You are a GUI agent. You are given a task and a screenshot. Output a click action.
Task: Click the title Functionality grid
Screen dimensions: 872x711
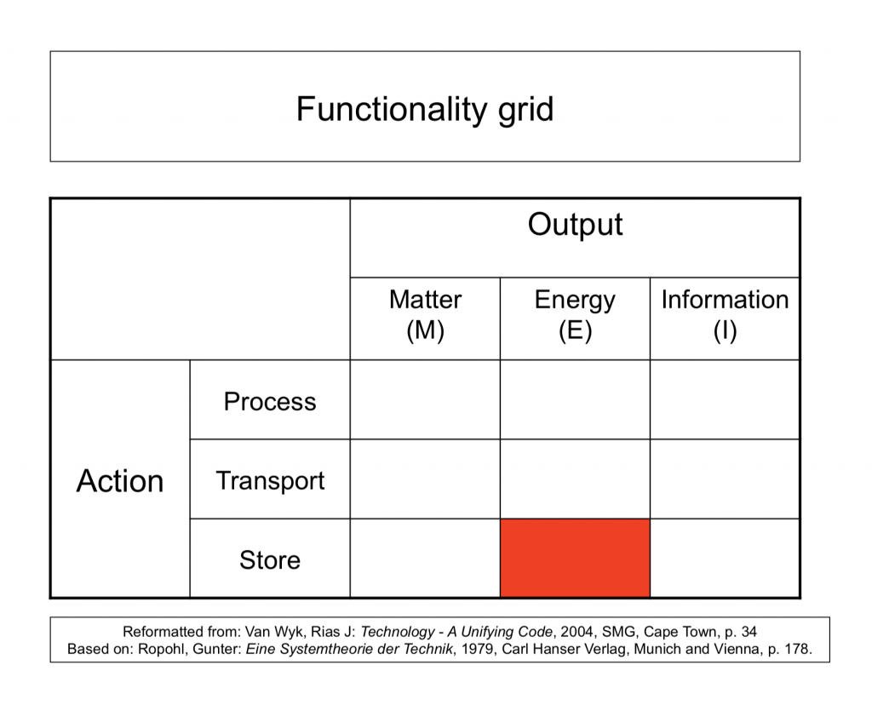click(425, 109)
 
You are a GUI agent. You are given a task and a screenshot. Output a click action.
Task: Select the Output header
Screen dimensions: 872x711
click(575, 225)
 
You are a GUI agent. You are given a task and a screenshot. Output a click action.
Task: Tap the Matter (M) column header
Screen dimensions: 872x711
click(426, 315)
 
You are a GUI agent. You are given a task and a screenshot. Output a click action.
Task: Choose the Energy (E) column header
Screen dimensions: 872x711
click(575, 315)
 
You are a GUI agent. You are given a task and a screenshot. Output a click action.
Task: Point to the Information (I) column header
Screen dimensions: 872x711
click(726, 315)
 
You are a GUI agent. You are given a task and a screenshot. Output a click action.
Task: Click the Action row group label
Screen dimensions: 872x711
click(120, 481)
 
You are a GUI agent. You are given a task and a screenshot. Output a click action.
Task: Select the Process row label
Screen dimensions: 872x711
click(270, 401)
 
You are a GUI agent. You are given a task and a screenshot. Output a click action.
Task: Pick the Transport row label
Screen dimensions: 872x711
click(270, 481)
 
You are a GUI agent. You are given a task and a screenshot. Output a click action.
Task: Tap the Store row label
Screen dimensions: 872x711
click(270, 559)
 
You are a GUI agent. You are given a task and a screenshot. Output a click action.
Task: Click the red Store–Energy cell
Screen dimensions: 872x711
click(575, 558)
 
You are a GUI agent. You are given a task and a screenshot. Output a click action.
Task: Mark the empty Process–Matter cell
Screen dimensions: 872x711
click(426, 399)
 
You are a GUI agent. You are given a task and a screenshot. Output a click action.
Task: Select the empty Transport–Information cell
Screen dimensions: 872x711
click(726, 479)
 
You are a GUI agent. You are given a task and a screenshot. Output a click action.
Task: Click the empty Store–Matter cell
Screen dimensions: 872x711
click(426, 558)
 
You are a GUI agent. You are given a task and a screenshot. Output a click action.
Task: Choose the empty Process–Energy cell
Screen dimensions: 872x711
click(575, 399)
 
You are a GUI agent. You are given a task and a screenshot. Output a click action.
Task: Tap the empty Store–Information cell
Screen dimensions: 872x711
click(726, 558)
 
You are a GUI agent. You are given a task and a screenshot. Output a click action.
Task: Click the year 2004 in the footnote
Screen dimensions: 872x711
click(577, 632)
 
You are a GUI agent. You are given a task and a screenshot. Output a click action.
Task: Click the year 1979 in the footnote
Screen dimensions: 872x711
click(478, 650)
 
